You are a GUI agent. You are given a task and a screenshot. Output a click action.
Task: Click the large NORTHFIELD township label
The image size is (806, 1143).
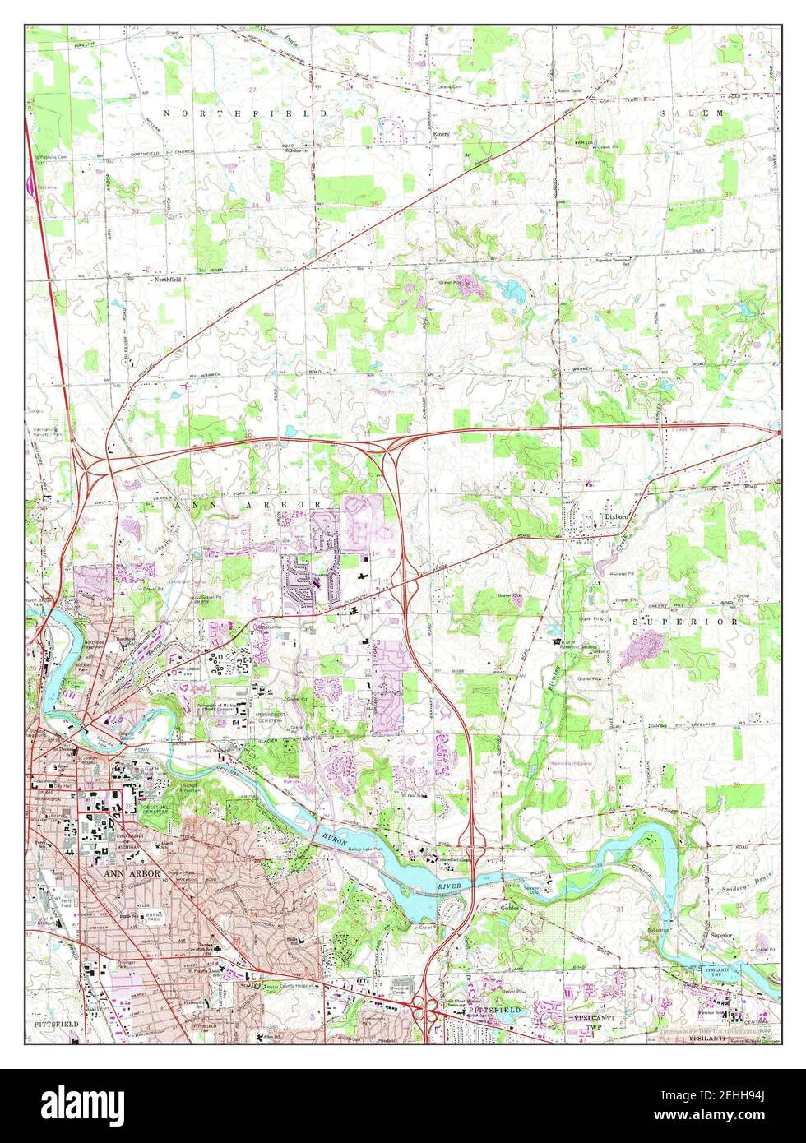pyautogui.click(x=244, y=113)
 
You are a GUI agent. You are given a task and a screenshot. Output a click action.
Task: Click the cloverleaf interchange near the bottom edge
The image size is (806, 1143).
pyautogui.click(x=424, y=1009)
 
